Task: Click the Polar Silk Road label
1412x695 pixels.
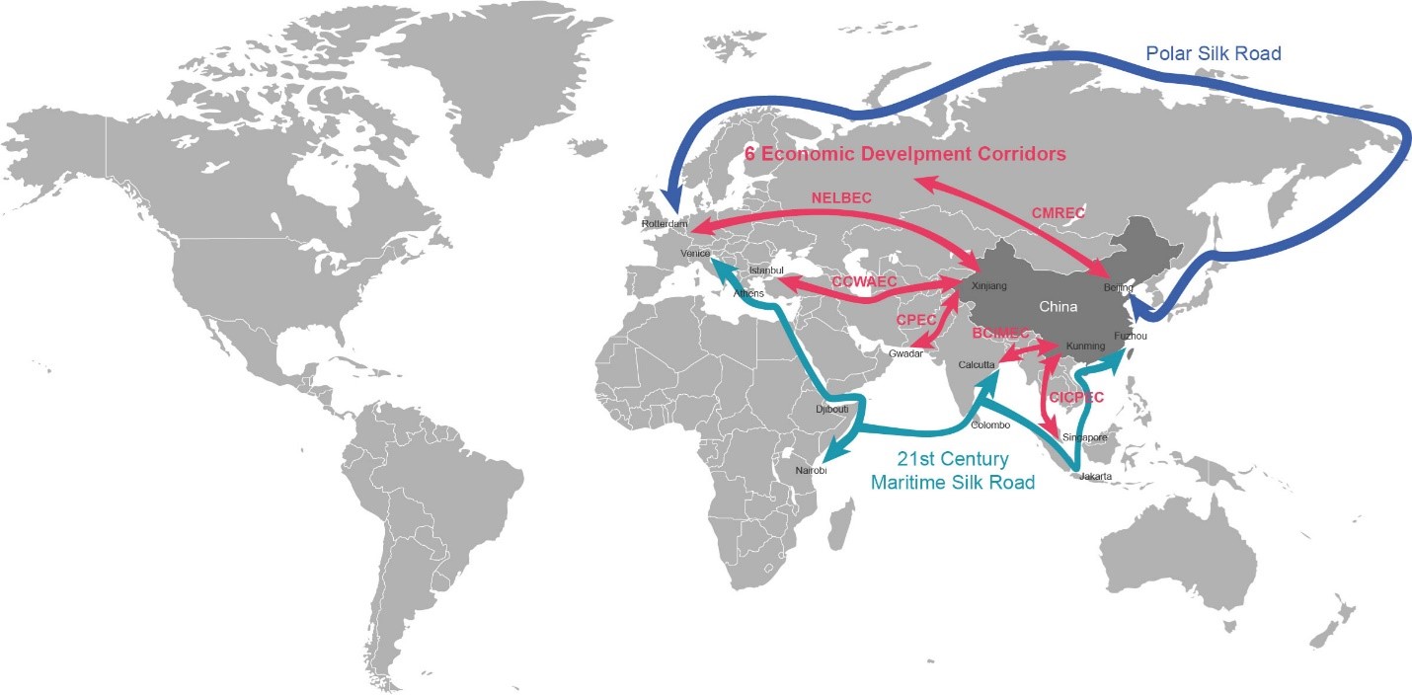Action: point(1213,53)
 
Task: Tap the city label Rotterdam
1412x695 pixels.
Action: point(664,224)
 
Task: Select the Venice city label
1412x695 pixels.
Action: point(695,254)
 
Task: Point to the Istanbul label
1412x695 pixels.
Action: point(766,270)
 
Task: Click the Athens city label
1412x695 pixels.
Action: point(748,293)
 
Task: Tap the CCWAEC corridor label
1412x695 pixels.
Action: point(864,282)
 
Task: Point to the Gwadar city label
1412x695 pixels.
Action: point(905,353)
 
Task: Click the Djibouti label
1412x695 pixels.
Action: point(831,409)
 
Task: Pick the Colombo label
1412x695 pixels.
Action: point(990,425)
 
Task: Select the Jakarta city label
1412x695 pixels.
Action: point(1096,476)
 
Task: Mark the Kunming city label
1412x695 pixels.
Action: point(1085,347)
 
